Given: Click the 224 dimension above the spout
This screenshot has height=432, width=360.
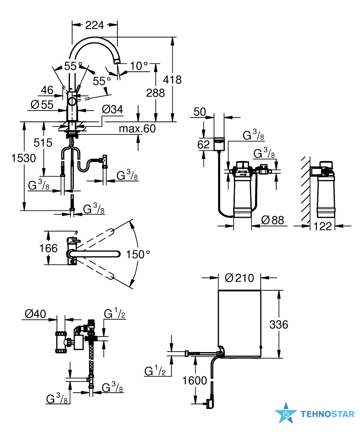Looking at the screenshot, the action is tap(95, 25).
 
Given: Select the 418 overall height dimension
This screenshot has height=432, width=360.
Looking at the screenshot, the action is tap(172, 79).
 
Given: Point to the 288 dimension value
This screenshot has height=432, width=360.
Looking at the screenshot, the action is tap(155, 93).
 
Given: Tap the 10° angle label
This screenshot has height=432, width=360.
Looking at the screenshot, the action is tap(139, 66).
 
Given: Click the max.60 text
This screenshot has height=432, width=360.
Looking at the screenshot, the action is tap(137, 128).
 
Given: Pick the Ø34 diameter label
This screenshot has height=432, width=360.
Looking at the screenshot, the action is tap(112, 109).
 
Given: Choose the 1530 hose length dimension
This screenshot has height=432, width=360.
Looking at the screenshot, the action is tap(24, 158).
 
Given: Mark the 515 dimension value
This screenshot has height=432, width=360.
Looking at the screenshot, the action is tap(43, 143).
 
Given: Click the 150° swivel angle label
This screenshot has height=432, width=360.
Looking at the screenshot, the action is tap(138, 254).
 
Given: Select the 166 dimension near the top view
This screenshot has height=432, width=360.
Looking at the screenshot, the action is tap(48, 248).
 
